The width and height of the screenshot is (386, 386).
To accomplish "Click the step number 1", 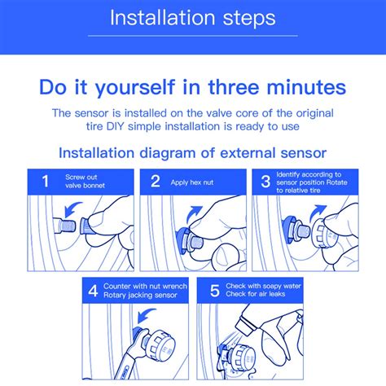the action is (x=46, y=182).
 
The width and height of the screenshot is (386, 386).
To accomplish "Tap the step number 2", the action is (x=156, y=182).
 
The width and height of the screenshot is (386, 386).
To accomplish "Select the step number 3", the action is (x=265, y=182).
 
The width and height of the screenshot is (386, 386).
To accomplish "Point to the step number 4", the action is (x=93, y=291).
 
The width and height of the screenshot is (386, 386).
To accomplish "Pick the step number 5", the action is (x=215, y=291).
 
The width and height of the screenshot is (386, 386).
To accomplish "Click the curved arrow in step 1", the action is (x=72, y=209).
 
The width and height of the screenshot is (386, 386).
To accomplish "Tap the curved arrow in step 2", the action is (x=194, y=215).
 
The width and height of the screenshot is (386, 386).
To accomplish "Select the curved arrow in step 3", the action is (x=318, y=213).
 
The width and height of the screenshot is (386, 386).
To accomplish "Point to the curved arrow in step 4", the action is (x=146, y=315).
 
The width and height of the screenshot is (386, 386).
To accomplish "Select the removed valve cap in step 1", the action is (x=87, y=226).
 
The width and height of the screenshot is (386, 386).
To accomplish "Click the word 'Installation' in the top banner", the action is (x=163, y=18).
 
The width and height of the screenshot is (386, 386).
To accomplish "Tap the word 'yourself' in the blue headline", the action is (x=134, y=87).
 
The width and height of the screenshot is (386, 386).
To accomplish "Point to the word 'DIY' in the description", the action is (x=116, y=126).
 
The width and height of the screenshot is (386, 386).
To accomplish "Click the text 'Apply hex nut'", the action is (x=192, y=182).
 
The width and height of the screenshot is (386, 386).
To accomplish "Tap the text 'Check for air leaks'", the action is (x=256, y=294).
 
